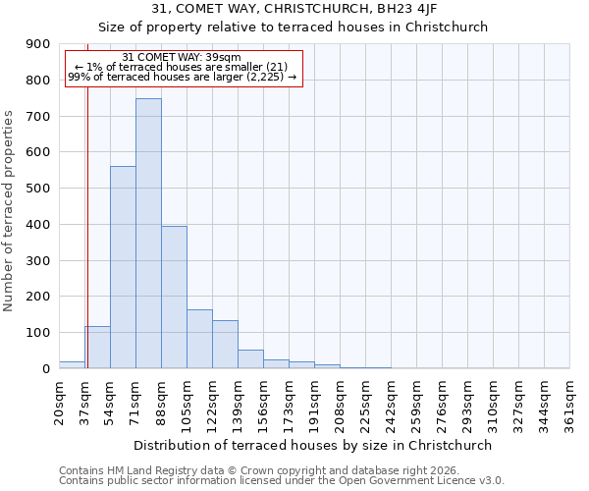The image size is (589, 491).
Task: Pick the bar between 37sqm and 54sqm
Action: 97,348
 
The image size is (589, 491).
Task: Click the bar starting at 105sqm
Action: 199,339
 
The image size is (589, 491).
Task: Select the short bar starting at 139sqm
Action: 250,359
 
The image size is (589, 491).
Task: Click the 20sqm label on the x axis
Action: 59,402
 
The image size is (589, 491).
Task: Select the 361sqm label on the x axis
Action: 569,402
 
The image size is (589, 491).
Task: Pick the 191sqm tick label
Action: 314,402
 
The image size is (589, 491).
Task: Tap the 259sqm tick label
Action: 416,402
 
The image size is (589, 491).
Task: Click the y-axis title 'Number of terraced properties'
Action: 9,211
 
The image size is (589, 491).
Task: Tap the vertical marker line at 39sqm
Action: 87,216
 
